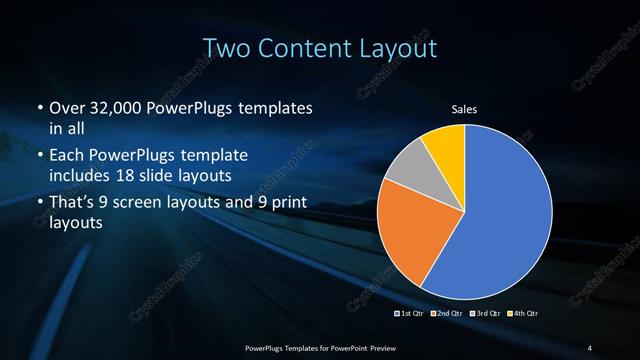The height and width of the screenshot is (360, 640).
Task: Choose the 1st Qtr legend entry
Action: tap(411, 315)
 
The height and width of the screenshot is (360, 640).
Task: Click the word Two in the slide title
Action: tap(227, 47)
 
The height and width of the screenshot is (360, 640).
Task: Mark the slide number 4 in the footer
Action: tap(590, 347)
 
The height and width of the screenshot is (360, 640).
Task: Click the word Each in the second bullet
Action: tap(67, 157)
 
